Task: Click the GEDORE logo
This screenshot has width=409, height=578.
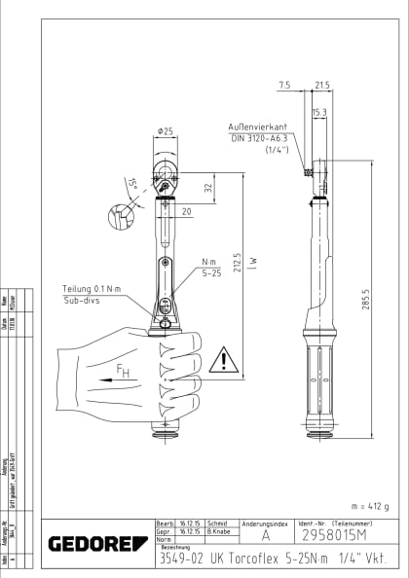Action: coord(93,543)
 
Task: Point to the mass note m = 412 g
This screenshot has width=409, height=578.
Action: coord(367,506)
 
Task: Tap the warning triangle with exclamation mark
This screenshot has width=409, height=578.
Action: coord(226,360)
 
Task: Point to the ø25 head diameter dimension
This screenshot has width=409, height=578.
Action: coord(164,130)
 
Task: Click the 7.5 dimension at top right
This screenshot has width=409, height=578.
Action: coord(284,86)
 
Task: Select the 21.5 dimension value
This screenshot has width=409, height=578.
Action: coord(322,86)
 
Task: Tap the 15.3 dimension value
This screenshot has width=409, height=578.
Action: coord(318,113)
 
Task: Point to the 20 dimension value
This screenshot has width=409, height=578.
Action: coord(185,210)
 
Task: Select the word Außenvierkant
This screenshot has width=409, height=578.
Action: coord(256,127)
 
